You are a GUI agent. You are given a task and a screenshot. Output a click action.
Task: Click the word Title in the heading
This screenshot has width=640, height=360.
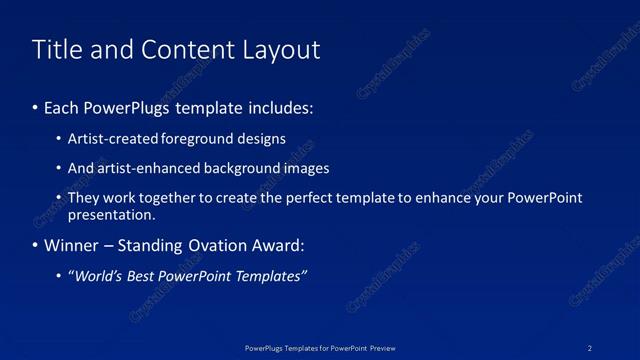click(x=58, y=50)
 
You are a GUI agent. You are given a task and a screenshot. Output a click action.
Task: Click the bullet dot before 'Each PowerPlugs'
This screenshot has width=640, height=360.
click(x=36, y=106)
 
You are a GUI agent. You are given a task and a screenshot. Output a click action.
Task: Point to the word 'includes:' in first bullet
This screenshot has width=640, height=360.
click(x=282, y=106)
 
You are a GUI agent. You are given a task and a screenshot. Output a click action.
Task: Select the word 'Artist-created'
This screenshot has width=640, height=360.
click(x=109, y=139)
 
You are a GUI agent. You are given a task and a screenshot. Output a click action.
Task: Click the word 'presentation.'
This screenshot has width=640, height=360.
click(x=111, y=214)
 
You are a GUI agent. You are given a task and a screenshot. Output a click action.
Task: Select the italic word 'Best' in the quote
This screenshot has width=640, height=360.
click(x=143, y=276)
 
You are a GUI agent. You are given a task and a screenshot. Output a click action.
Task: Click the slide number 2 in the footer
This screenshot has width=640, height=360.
click(x=590, y=347)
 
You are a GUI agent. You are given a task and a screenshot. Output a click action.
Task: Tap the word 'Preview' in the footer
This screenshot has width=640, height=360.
click(x=382, y=347)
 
